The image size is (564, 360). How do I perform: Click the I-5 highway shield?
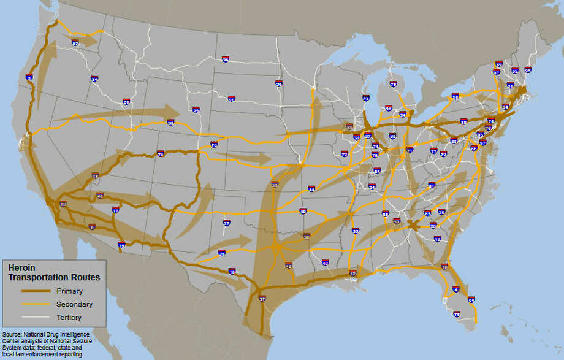29,78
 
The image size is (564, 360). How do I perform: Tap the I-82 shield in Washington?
75,44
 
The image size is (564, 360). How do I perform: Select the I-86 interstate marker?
126,102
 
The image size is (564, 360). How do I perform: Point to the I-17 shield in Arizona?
115,211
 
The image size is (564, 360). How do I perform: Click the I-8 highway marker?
92,228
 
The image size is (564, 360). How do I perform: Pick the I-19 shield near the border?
121,246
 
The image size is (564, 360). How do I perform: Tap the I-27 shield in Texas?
226,223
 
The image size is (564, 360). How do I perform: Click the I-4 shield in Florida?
455,289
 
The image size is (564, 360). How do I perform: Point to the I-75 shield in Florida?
457,314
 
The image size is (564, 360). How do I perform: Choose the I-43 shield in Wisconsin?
366,98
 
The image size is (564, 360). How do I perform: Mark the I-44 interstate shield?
311,189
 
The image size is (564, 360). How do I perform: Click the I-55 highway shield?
356,231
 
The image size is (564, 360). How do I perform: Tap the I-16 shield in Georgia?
437,239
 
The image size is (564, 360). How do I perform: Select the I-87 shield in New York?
497,72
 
